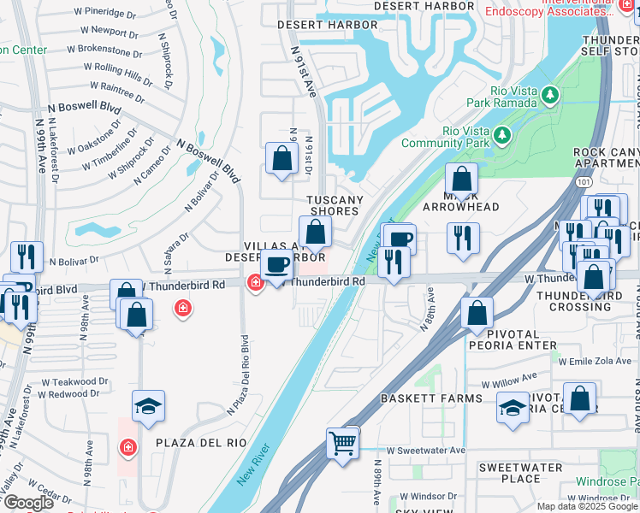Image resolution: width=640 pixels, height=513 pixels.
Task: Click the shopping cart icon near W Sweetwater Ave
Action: pyautogui.click(x=342, y=443)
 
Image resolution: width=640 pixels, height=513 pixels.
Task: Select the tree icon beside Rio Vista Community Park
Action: pyautogui.click(x=501, y=135)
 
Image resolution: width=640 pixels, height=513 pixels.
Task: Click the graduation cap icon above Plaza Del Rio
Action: pyautogui.click(x=148, y=408)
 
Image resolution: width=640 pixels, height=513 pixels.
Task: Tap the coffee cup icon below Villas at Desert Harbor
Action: pyautogui.click(x=276, y=267)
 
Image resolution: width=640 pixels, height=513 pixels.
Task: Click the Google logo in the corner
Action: pyautogui.click(x=28, y=503)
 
